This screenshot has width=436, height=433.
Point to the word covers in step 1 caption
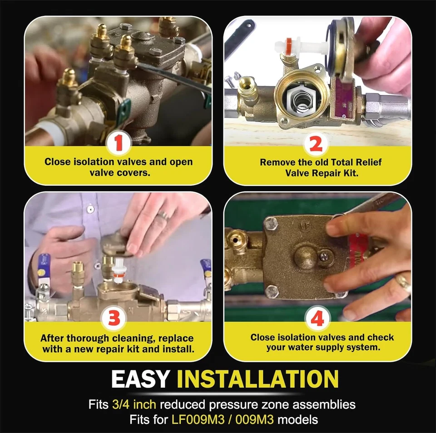pos(135,173)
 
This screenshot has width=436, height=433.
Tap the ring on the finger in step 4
pos(403,282)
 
